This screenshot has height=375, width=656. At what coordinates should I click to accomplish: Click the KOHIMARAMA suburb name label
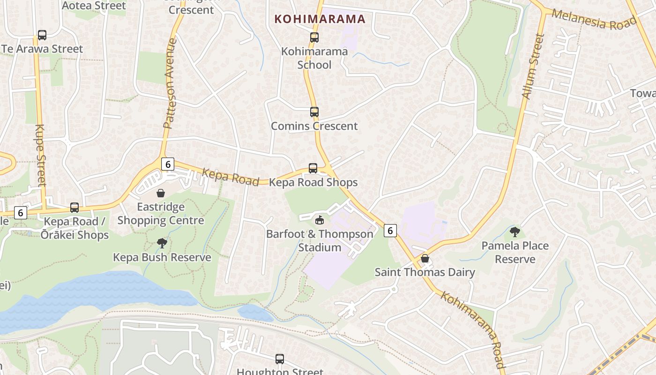320,19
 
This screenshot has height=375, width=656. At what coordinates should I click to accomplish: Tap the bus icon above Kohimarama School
314,37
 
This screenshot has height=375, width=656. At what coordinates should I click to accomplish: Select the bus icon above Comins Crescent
314,112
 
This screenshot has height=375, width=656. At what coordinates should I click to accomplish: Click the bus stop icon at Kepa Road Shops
313,168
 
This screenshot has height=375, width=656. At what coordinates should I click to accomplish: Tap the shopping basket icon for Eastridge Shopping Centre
161,193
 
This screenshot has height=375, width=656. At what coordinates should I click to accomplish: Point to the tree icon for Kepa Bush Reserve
162,243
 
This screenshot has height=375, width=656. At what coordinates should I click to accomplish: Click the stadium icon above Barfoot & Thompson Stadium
320,220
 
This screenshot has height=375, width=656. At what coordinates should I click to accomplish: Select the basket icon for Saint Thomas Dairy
425,258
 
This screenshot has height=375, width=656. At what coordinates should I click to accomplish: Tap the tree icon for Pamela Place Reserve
515,232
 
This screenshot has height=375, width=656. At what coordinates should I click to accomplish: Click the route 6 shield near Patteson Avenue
168,164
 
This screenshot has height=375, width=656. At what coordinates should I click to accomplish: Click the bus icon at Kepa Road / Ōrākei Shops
75,207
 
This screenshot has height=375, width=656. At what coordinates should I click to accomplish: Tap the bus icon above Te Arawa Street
42,35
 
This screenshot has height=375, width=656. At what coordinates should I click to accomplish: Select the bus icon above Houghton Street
280,359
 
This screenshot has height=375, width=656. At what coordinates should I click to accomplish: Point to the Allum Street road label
533,67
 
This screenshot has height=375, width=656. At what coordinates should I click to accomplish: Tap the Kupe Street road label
40,155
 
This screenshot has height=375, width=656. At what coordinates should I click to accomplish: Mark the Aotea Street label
94,6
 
